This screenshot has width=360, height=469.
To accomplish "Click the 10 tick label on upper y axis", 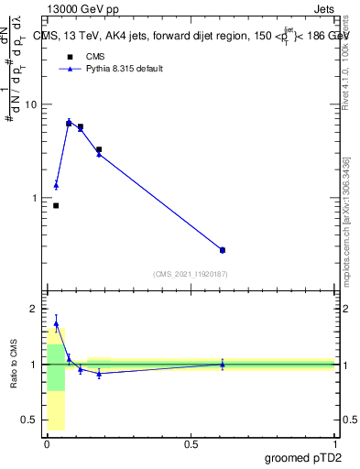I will pyautogui.click(x=31, y=104).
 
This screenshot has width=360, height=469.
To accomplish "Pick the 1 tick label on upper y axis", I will pyautogui.click(x=35, y=198).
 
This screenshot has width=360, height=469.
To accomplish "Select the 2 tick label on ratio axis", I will pyautogui.click(x=34, y=309).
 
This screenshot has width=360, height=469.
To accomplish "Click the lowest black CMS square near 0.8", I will pyautogui.click(x=56, y=205).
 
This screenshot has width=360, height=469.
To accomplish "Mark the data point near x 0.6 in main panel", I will pyautogui.click(x=223, y=250).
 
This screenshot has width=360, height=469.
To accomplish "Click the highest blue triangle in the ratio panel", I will pyautogui.click(x=56, y=323).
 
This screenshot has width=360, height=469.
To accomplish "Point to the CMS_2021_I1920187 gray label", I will pyautogui.click(x=190, y=274).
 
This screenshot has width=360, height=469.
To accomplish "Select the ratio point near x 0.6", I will pyautogui.click(x=223, y=365).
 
